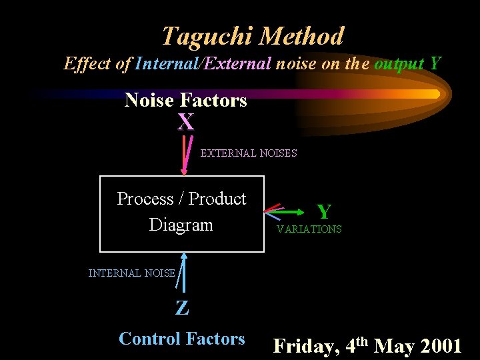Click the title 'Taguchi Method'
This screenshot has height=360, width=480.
(253, 35)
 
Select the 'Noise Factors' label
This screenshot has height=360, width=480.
(185, 101)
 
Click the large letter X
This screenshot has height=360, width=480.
(185, 122)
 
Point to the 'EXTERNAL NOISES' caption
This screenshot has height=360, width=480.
(249, 153)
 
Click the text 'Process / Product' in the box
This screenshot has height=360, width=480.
(181, 199)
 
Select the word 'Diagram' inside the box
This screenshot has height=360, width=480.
(181, 225)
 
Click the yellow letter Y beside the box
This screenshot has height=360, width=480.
(324, 212)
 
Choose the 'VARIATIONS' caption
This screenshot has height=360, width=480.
(309, 229)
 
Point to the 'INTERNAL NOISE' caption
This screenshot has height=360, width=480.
(131, 273)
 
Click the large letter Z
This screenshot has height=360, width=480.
(181, 307)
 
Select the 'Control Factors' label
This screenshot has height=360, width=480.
(181, 339)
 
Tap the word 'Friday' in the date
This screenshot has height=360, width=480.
(303, 347)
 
